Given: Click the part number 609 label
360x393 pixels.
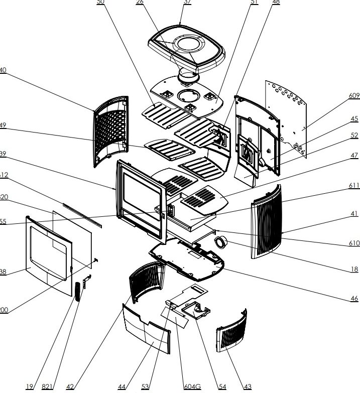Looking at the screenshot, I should [353, 95].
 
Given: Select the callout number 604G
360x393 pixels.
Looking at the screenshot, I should [192, 386].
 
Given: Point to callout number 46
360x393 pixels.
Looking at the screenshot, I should [354, 299].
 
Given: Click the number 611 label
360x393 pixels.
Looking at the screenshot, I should [354, 186].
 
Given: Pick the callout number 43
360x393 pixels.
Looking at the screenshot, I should [247, 386].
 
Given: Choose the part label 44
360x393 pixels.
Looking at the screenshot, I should [122, 386].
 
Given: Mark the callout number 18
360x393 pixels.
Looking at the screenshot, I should [355, 269].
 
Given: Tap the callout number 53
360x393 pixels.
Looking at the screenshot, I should [145, 386].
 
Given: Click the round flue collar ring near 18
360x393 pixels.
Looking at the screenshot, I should [220, 243].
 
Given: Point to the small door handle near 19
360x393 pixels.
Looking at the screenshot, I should [77, 292].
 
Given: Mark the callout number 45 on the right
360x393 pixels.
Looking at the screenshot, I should [354, 119].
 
